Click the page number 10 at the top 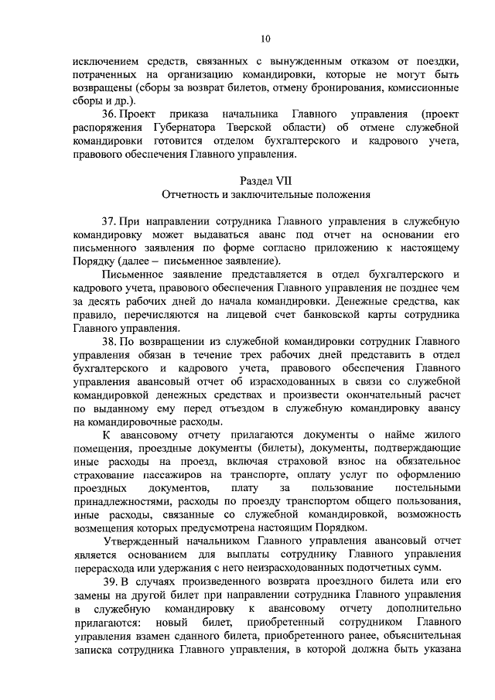[265, 38]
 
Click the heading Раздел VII [265, 179]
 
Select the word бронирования [333, 86]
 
